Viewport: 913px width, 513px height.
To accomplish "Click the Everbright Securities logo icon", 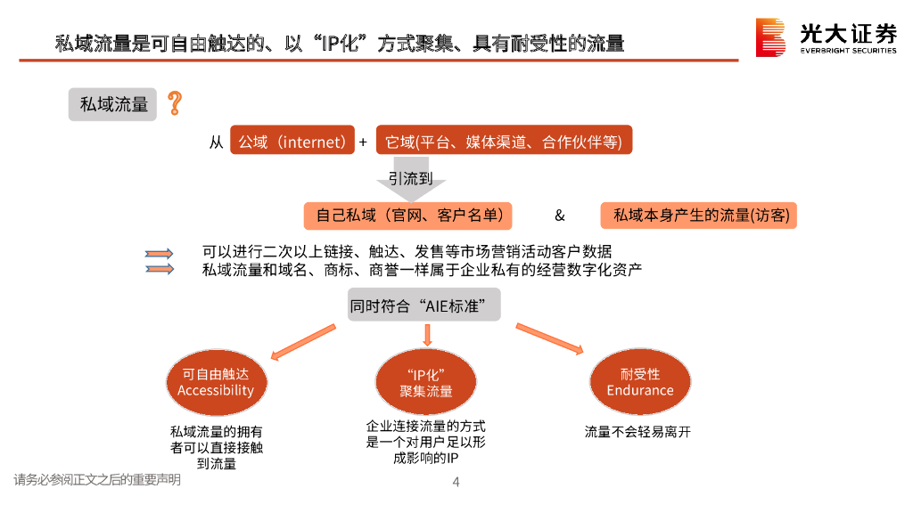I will point(771,37).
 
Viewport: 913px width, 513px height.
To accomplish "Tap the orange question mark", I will point(175,103).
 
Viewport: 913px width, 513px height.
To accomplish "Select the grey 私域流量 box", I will point(113,105).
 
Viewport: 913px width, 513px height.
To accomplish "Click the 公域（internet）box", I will point(292,142).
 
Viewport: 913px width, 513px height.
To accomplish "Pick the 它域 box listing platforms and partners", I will point(504,142).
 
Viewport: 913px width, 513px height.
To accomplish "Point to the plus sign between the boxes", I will point(363,142).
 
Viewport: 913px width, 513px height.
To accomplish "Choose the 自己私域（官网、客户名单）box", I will point(414,215).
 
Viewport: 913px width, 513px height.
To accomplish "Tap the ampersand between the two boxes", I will point(560,216).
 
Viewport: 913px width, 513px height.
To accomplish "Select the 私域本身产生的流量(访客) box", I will point(698,215).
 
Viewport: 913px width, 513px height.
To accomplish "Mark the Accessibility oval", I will point(216,383).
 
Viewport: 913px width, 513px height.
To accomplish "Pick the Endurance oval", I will point(639,382).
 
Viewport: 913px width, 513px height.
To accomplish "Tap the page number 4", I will point(456,482).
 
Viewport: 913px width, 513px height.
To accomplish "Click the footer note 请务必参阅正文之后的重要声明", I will point(97,480).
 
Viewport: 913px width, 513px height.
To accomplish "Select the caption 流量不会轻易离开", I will point(638,432).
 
